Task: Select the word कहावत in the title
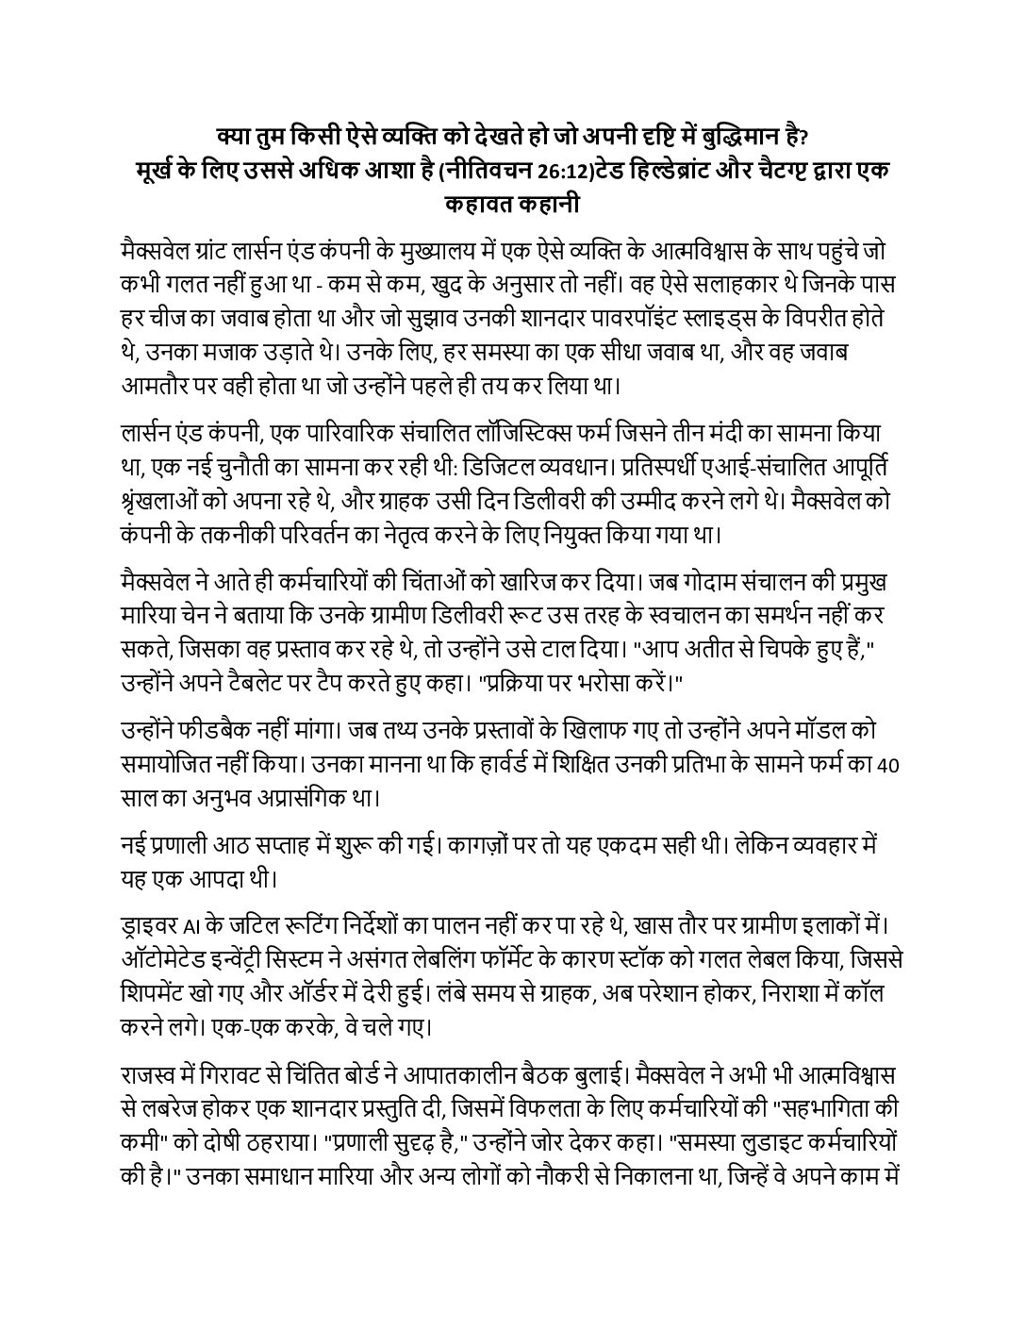[475, 205]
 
